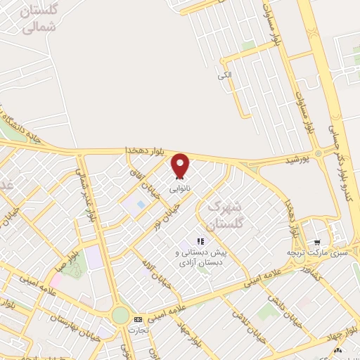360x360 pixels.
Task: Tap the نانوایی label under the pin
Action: coord(181,188)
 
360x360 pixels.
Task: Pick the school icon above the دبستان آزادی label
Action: coord(200,241)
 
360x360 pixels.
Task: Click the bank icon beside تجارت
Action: coord(138,319)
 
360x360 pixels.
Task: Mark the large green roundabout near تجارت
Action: coord(120,316)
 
